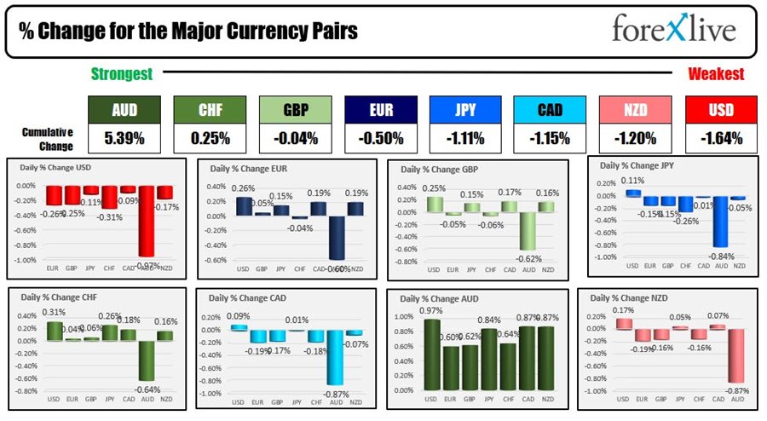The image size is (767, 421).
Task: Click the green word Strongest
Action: tap(121, 74)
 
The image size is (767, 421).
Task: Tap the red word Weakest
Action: tap(716, 74)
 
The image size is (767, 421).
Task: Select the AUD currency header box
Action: tap(124, 110)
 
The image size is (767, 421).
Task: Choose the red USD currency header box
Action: tap(721, 110)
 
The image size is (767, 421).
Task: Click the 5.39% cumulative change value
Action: tap(124, 137)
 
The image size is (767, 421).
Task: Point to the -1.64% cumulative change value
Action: tap(721, 137)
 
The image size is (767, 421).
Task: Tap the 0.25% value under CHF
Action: tap(210, 137)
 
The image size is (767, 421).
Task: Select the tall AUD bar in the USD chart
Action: tap(146, 221)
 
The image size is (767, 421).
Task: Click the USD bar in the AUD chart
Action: tap(432, 351)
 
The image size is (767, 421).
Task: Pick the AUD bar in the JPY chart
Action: tap(721, 222)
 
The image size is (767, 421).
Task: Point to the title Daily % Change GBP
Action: tap(440, 170)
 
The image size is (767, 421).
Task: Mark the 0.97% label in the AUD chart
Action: tap(432, 312)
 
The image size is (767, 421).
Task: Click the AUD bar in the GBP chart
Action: tap(529, 231)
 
